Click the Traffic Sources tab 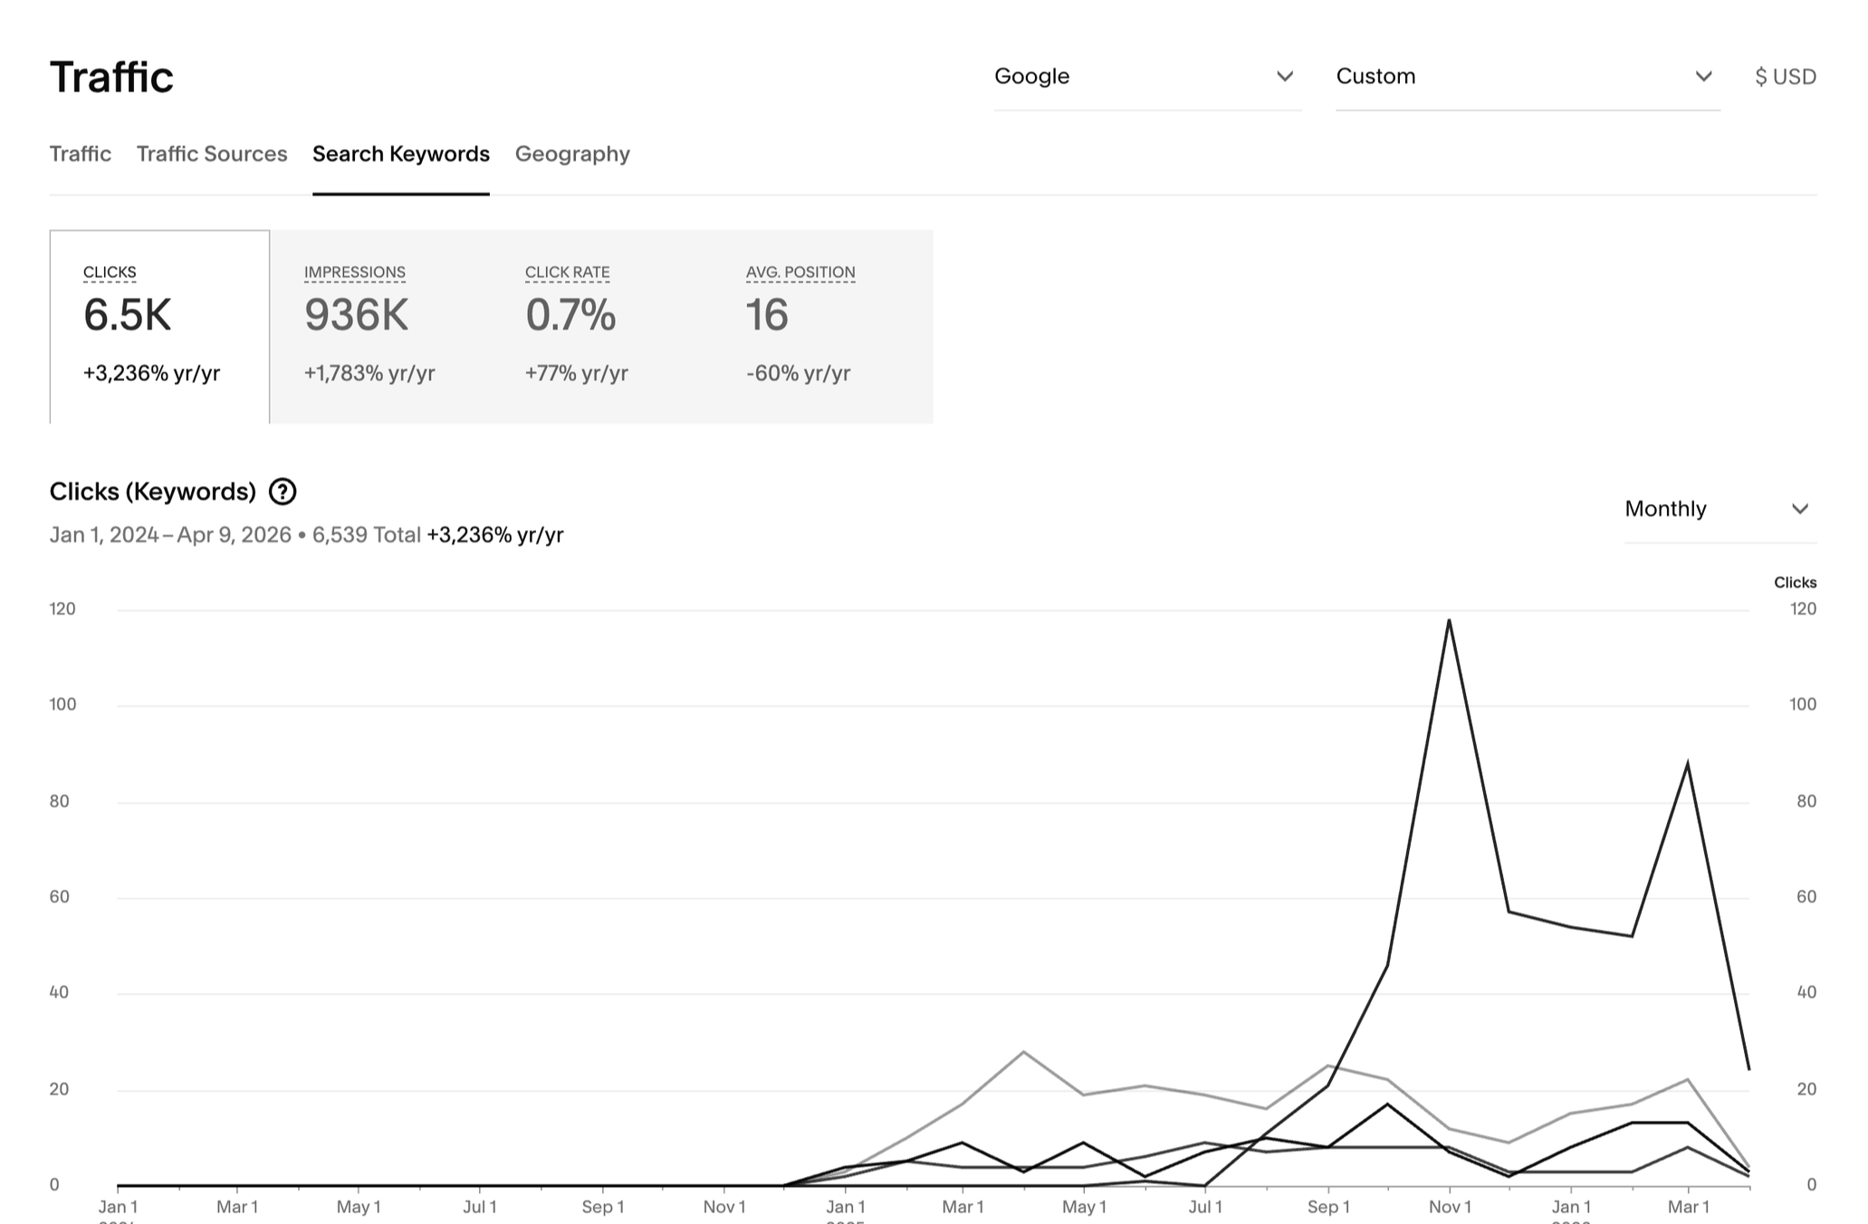point(212,154)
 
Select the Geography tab point(572,154)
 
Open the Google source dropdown point(1145,77)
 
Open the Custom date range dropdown point(1527,77)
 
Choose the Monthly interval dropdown point(1719,509)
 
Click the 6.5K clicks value point(127,315)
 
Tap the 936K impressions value point(356,315)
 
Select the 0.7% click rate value point(570,315)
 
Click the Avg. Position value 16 point(767,315)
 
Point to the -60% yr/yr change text point(798,373)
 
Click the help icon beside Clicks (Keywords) point(283,492)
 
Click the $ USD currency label point(1785,77)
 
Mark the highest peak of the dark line point(1449,620)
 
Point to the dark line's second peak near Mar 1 point(1688,763)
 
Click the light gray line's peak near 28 point(1023,1052)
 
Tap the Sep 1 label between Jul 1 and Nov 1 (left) point(603,1207)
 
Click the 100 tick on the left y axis point(62,704)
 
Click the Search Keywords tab point(401,154)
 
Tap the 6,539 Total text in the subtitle point(366,535)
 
